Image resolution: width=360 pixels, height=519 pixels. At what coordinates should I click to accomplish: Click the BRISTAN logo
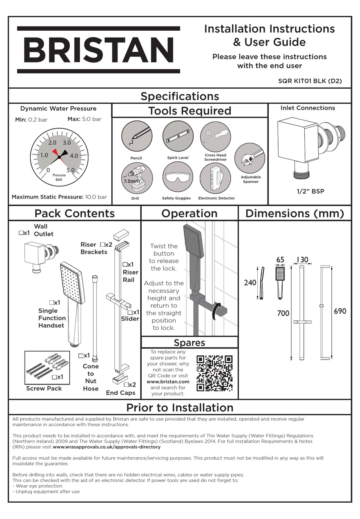point(99,50)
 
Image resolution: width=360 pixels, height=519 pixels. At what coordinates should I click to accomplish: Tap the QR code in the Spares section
point(214,373)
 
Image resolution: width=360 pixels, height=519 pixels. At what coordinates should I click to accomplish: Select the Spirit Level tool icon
point(178,136)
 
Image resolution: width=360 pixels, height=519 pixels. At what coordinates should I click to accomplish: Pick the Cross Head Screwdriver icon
point(216,136)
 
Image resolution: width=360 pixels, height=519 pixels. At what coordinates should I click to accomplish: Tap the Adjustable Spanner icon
point(249,158)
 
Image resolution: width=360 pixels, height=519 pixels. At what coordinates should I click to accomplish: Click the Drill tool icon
point(136,178)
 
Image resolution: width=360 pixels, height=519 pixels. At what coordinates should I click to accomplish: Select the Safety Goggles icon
point(178,178)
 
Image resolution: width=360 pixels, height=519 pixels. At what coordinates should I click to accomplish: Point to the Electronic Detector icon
point(215,178)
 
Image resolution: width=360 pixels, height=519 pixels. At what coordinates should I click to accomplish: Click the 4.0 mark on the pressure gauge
point(74,156)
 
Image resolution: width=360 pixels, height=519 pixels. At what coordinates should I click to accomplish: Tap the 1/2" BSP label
point(310,191)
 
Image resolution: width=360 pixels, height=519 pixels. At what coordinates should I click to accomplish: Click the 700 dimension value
point(283,313)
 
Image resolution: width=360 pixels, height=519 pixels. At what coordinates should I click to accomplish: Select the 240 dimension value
point(250,283)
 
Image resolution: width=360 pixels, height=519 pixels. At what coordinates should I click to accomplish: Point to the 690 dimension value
point(340,311)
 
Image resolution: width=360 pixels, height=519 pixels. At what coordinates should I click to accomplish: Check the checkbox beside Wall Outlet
point(21,233)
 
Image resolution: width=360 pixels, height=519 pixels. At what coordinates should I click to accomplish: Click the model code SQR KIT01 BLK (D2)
point(310,81)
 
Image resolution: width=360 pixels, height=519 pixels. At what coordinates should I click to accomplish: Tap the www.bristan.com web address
point(168,381)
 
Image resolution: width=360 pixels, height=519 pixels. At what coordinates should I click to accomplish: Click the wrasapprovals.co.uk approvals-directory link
point(106,447)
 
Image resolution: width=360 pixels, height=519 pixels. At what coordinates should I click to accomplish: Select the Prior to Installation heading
point(180,408)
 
